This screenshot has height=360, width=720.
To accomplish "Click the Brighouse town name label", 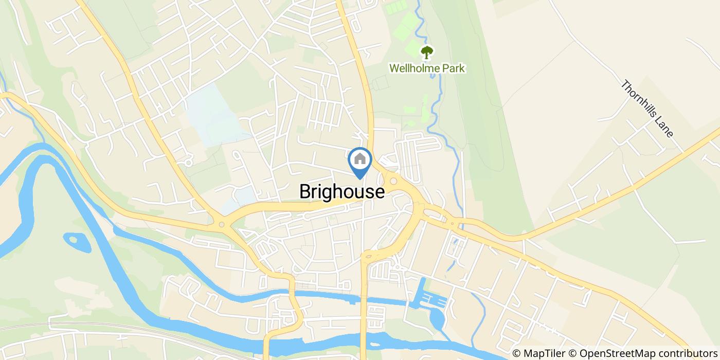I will click(x=342, y=192).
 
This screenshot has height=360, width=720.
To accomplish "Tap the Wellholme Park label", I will click(x=427, y=68).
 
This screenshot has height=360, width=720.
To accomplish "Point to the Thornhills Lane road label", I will click(x=647, y=109).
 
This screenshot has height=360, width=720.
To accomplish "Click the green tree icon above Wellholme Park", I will click(x=427, y=52).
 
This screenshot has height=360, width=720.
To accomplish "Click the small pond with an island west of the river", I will click(x=75, y=240).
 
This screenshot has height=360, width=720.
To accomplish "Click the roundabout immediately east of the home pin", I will click(x=393, y=181).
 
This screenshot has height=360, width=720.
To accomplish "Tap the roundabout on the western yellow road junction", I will click(x=222, y=224).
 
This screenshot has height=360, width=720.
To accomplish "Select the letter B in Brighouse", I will click(x=305, y=192).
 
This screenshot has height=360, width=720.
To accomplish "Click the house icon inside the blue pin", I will click(x=360, y=159).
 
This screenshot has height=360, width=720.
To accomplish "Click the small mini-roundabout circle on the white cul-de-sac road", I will click(x=188, y=163).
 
